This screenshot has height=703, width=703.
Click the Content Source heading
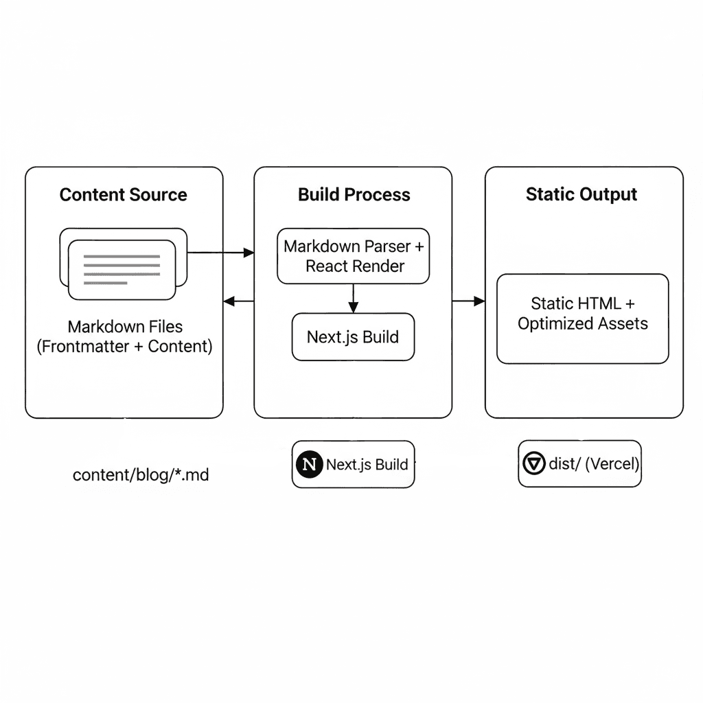pos(123,195)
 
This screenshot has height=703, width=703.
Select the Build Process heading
pos(354,195)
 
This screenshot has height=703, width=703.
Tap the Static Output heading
pos(581,194)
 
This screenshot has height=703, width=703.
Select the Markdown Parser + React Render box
pos(353,256)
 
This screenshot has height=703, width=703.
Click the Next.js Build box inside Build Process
pos(353,337)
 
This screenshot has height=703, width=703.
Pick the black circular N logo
pos(310,465)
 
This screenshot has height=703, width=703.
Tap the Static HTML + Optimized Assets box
pos(582,319)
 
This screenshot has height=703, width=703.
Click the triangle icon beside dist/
pos(533,464)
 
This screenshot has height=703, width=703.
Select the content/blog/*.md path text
pos(141,474)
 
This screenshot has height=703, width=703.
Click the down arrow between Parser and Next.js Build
pos(353,299)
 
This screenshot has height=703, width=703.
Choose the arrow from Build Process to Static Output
pos(469,301)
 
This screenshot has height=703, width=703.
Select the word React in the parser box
pos(327,266)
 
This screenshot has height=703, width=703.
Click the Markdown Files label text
pos(125,327)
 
